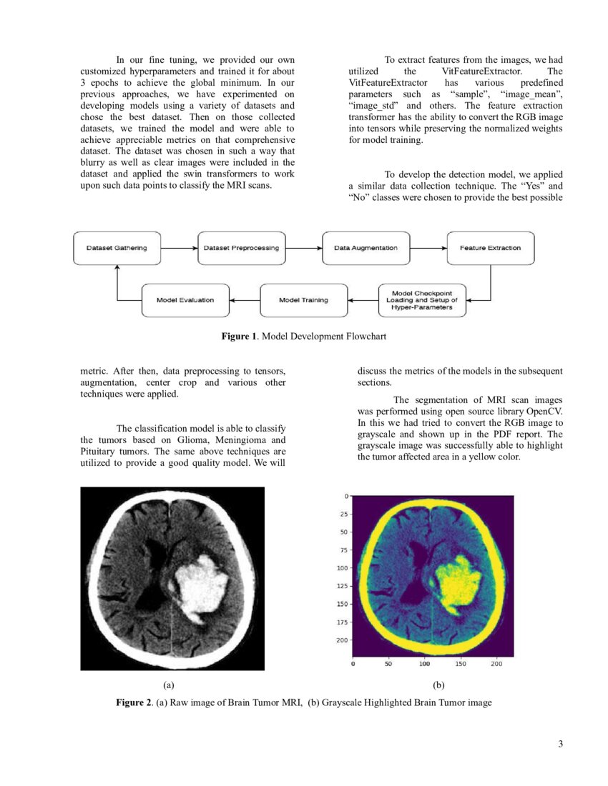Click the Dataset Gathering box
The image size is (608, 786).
tap(117, 249)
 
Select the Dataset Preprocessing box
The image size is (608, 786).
tap(240, 249)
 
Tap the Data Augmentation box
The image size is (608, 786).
tap(366, 249)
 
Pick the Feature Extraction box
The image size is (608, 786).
tap(490, 249)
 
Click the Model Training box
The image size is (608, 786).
tap(303, 300)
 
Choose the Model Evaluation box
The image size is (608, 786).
tap(185, 300)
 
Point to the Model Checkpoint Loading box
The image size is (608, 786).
tap(423, 300)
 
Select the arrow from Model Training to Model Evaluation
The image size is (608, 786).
tap(244, 300)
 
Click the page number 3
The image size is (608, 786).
tap(561, 745)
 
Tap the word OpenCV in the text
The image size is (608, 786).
tap(543, 412)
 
